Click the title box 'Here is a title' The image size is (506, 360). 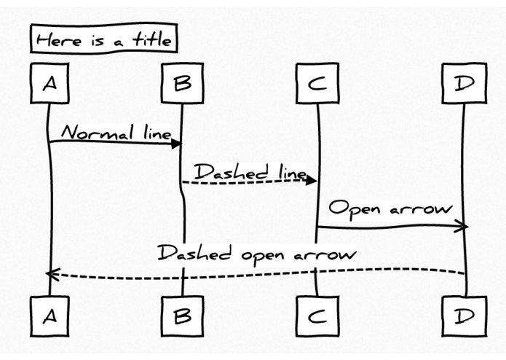coord(102,40)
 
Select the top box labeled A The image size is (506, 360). coord(48,84)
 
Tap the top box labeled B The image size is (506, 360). coord(182,84)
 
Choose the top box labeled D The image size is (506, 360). coord(464,84)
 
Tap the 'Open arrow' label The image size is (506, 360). coord(390,209)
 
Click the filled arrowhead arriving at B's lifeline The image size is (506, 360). coord(175,144)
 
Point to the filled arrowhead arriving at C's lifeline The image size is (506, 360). coord(311,180)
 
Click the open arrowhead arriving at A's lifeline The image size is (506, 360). coord(51,274)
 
